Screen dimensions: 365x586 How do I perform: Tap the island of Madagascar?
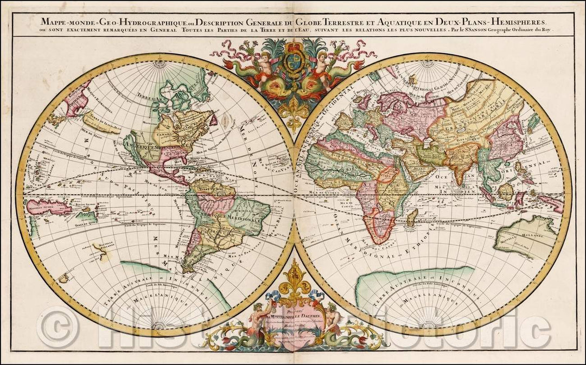pos(412,219)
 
